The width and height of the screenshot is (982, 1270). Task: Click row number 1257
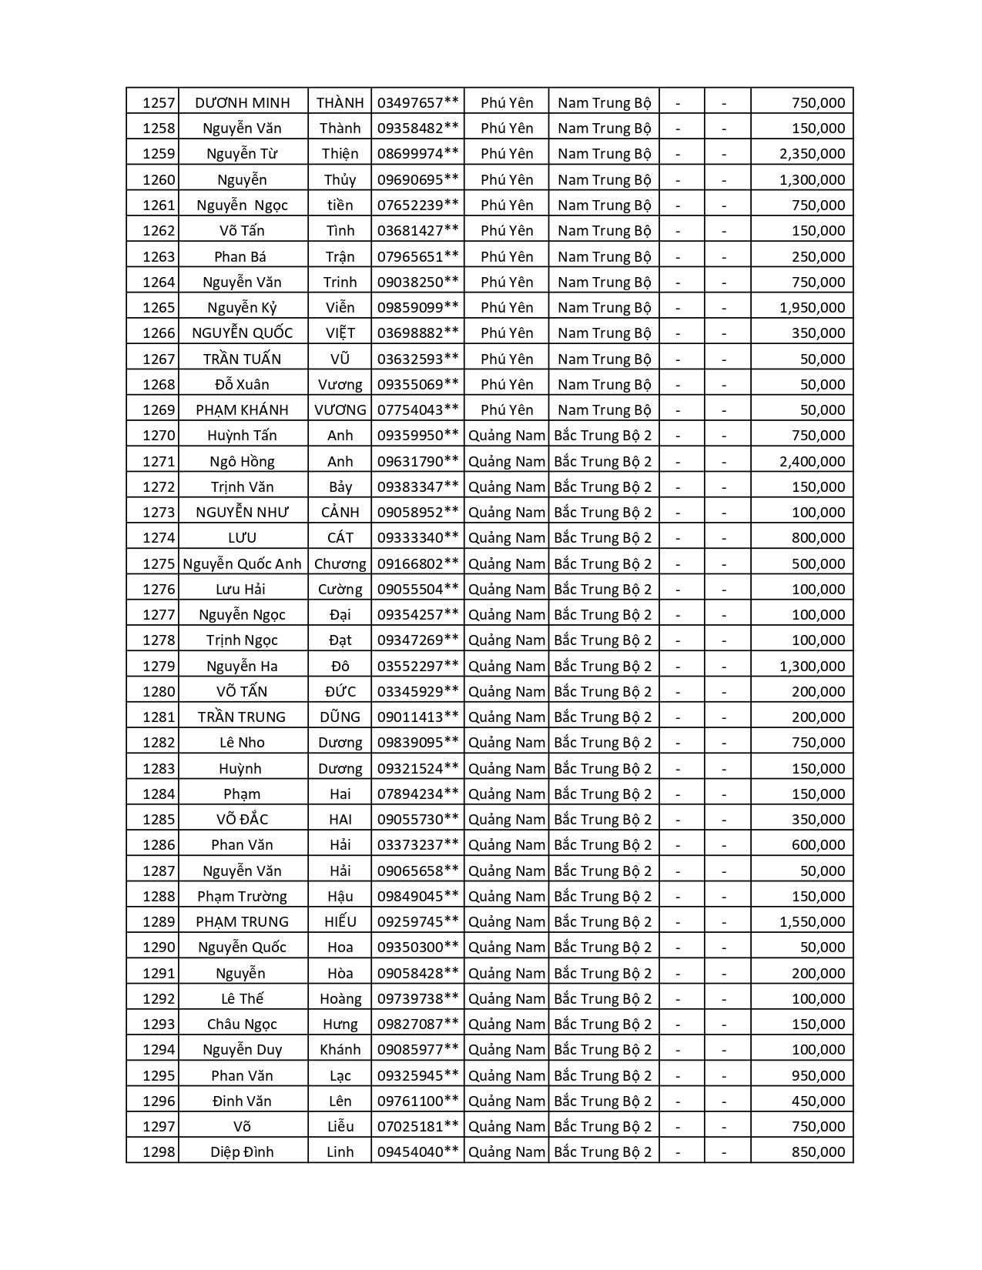159,102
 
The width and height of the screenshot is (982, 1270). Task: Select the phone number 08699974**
417,153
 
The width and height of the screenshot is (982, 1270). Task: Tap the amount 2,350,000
812,153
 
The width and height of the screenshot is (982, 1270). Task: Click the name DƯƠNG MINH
242,102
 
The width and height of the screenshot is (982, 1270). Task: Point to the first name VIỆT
340,333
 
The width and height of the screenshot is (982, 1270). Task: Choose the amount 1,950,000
812,307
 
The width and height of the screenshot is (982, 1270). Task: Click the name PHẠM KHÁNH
242,409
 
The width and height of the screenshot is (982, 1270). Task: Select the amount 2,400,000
812,461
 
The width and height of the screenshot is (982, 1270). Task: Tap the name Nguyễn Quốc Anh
242,563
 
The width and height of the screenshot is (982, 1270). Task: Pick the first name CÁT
340,537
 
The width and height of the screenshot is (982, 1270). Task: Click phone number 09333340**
417,537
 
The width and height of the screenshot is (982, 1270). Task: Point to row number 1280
159,691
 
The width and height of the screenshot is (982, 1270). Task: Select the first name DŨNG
340,717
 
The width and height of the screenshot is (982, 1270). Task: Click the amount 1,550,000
812,921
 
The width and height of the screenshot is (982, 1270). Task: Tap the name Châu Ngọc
242,1024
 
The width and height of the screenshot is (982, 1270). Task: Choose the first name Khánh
340,1049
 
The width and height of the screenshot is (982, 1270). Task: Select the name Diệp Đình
242,1151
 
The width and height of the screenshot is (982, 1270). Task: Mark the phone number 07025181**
417,1126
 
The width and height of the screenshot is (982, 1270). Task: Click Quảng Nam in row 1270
506,435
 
